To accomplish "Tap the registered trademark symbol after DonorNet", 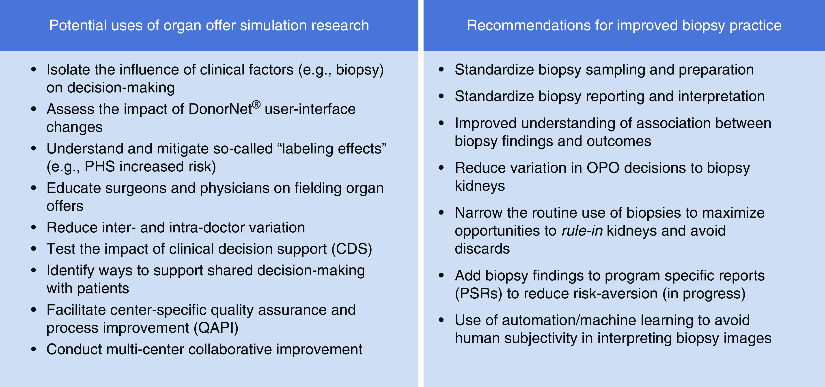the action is [256, 104].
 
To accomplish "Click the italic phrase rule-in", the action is [582, 231].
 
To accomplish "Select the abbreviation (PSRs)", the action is [478, 294].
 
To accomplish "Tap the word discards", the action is [482, 249].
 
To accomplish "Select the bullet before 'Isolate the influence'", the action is [34, 70].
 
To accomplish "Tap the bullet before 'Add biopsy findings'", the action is [441, 275].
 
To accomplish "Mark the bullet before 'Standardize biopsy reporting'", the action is [441, 96].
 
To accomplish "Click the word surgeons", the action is [136, 188].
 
